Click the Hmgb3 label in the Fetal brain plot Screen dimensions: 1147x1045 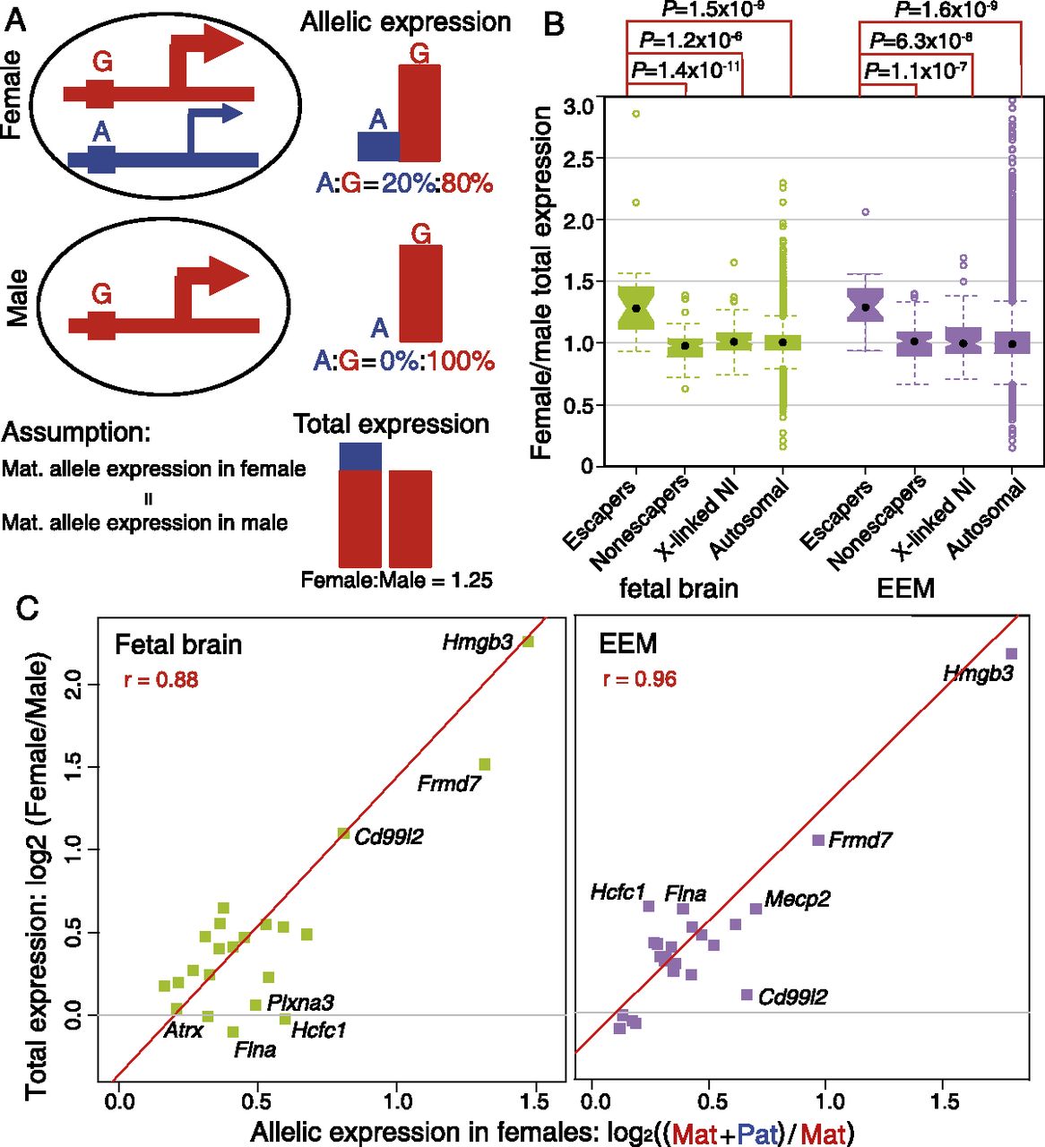[478, 642]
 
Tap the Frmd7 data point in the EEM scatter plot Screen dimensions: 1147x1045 [817, 841]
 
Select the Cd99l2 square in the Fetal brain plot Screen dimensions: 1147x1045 [343, 833]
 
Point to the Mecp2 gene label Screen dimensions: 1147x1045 [797, 900]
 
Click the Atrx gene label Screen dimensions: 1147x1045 [183, 1031]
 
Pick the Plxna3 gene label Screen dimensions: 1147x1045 [300, 1004]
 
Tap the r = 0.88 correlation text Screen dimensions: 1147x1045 [161, 680]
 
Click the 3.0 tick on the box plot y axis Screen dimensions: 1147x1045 [578, 107]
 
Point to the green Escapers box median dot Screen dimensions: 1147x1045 [636, 307]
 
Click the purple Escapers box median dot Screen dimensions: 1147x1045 [865, 307]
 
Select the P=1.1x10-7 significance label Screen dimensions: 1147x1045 [916, 70]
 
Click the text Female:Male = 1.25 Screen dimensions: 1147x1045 [396, 580]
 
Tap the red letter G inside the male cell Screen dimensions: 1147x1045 [101, 294]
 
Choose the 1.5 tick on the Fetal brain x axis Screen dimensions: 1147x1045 [537, 1101]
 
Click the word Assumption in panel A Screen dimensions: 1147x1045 [75, 432]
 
